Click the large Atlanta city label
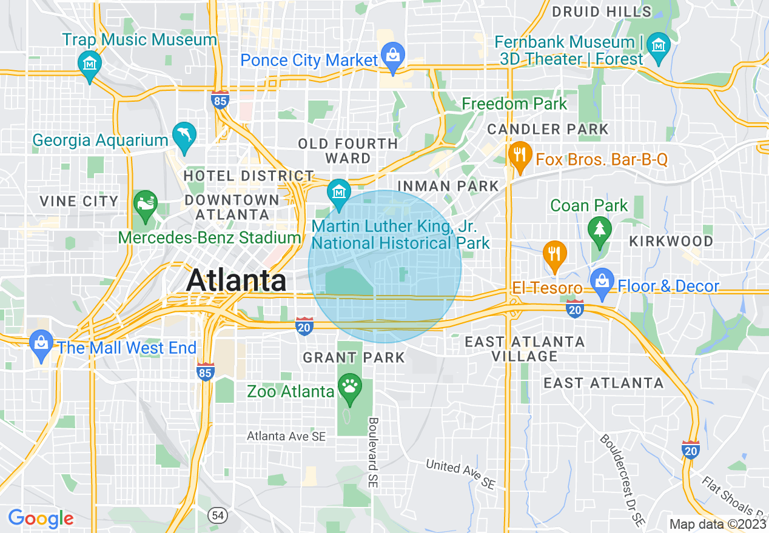pos(237,281)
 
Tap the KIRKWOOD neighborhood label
pos(671,241)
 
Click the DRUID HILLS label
pos(602,12)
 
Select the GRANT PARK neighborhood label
pos(354,357)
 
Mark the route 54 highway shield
pos(218,515)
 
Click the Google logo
pos(41,518)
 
